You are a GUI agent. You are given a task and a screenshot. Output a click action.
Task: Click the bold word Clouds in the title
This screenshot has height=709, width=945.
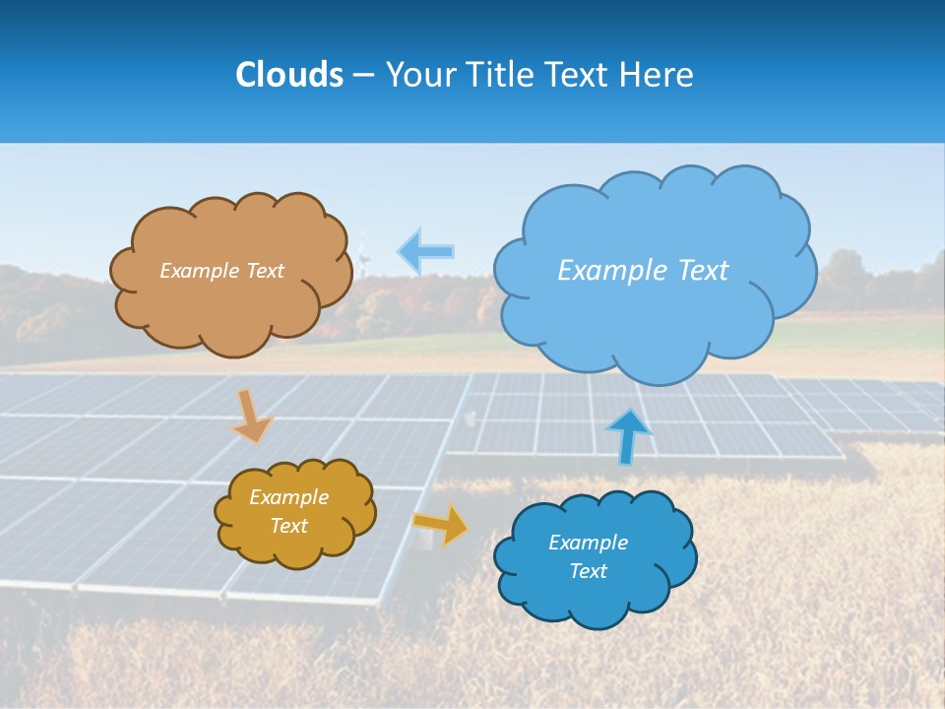pos(289,74)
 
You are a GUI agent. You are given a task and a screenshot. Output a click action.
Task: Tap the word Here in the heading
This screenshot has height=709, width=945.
pos(659,74)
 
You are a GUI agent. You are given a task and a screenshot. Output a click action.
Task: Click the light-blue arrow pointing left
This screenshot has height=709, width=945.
pos(426,251)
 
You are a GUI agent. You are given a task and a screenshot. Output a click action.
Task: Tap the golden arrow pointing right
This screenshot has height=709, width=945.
pos(439,525)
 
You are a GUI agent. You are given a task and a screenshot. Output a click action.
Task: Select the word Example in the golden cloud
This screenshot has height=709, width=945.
pos(288,497)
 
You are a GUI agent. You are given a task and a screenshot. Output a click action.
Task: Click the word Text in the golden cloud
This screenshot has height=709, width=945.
pos(289,526)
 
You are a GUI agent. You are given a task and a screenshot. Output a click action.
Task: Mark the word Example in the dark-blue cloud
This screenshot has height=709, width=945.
pos(588,543)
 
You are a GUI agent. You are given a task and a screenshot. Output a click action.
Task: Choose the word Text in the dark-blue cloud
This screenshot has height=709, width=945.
pos(588,571)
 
